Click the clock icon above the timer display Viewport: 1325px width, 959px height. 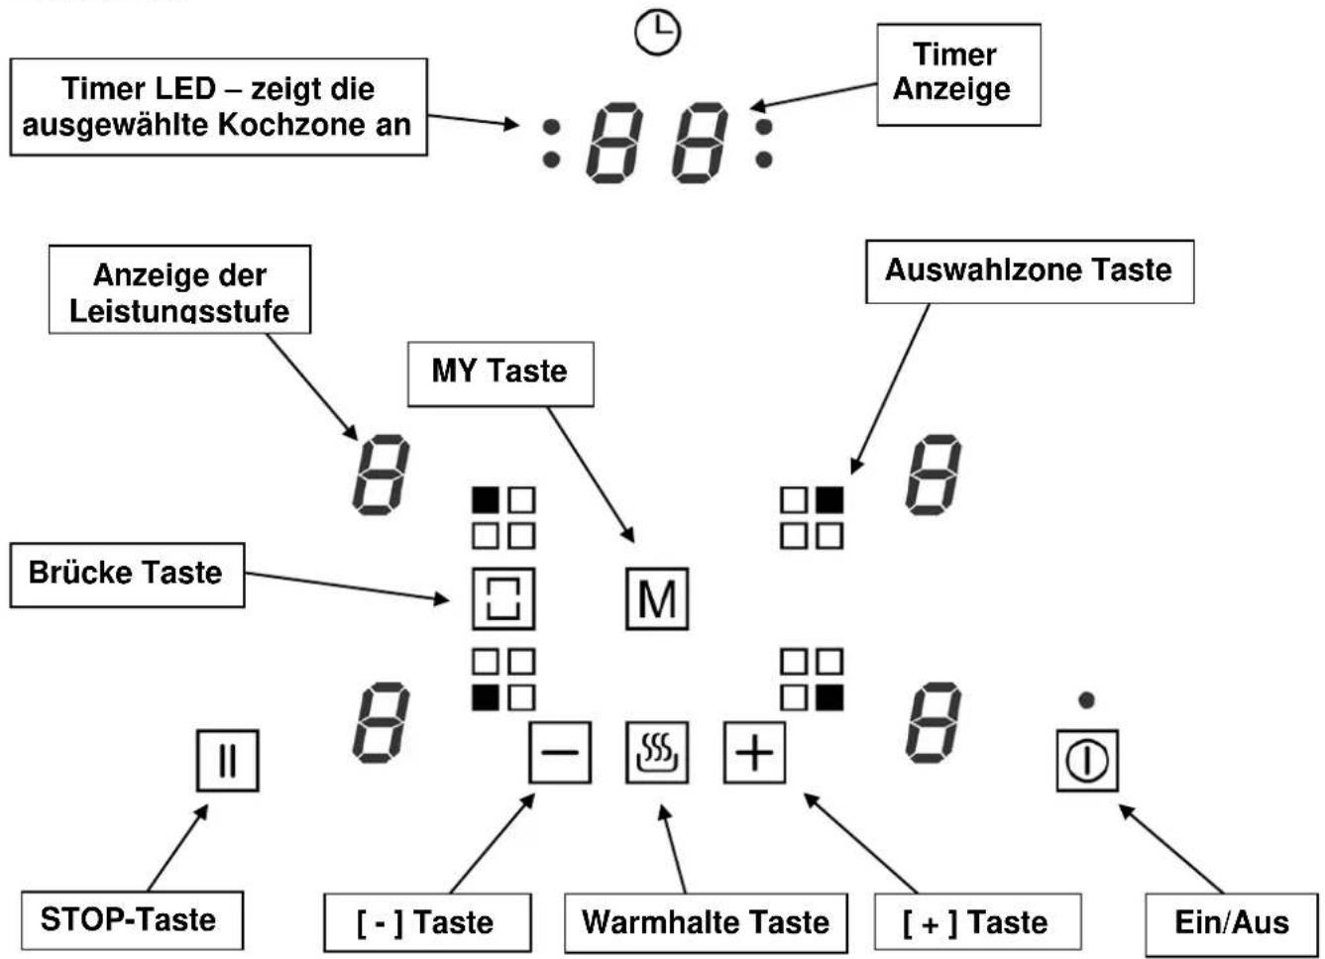(657, 34)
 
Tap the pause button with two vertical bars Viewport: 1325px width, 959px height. (228, 760)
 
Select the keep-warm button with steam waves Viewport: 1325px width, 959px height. (657, 753)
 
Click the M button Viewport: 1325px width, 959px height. (657, 599)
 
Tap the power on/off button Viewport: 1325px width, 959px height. (1087, 760)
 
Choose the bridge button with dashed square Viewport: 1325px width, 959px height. (504, 599)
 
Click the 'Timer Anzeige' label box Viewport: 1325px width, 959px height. (959, 74)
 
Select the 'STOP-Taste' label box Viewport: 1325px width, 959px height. (133, 920)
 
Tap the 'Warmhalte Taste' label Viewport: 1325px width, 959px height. (706, 922)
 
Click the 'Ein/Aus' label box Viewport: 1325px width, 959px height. (1233, 924)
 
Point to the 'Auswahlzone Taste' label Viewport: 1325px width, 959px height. (1030, 271)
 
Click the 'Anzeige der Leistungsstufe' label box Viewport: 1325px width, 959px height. (179, 289)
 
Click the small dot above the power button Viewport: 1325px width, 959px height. (1086, 700)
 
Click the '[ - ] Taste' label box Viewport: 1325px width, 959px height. (428, 922)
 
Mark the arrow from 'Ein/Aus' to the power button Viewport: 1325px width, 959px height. (1171, 849)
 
